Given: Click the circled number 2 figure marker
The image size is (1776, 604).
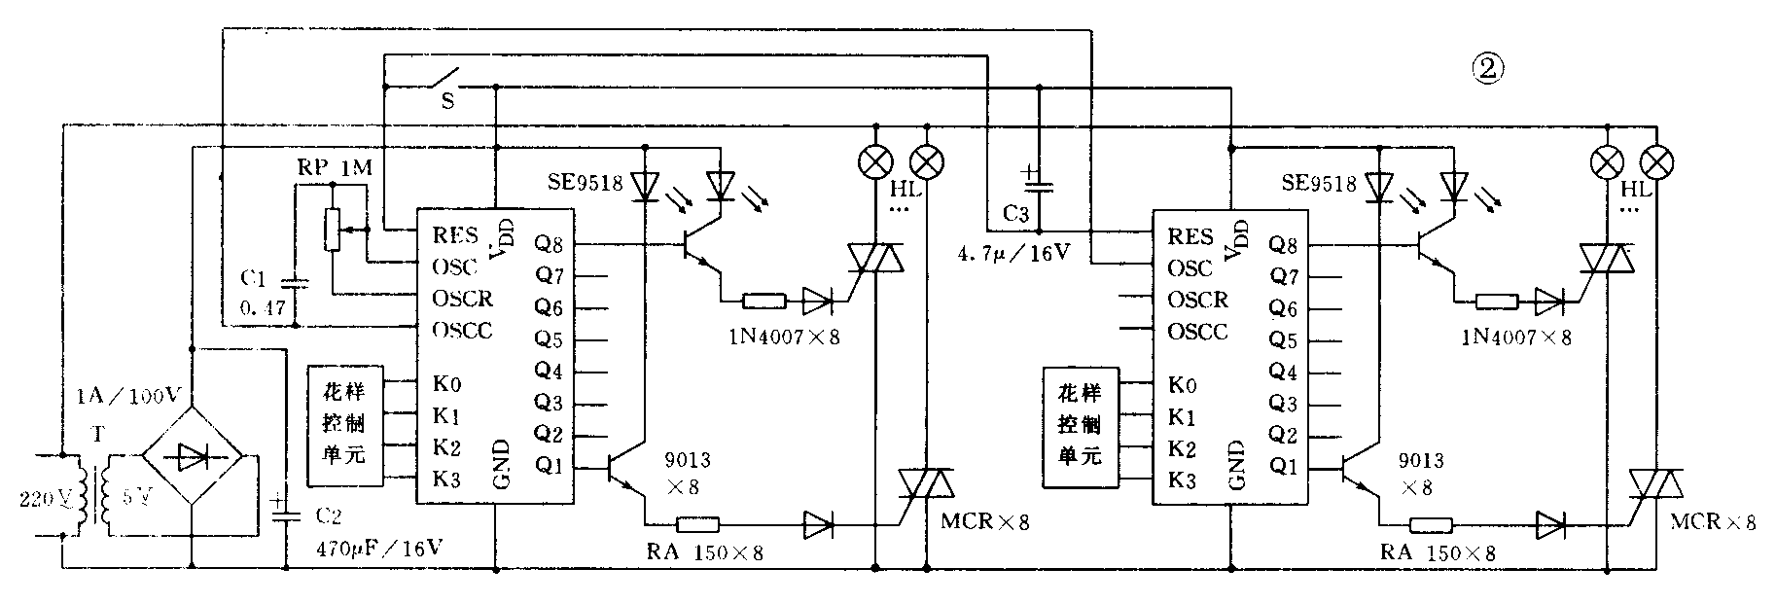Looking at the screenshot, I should (x=1488, y=69).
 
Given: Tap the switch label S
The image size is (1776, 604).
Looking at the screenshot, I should (x=447, y=100).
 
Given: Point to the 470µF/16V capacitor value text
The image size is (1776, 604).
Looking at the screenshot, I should (x=380, y=549).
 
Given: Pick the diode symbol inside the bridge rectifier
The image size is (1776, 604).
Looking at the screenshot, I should (x=194, y=454).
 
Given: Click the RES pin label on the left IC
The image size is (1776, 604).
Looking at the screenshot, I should (x=456, y=234).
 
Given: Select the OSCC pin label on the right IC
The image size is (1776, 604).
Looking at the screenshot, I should (x=1197, y=332).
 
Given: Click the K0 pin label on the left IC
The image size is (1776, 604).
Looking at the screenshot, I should (x=446, y=383).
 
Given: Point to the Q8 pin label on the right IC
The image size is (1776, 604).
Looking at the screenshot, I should (x=1284, y=245).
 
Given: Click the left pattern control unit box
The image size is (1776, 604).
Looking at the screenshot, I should (x=345, y=425).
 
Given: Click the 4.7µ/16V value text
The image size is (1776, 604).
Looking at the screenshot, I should (x=1013, y=256).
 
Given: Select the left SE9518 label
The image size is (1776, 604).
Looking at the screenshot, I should (x=582, y=182).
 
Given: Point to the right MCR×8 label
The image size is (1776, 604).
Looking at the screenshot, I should (x=1713, y=521).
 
